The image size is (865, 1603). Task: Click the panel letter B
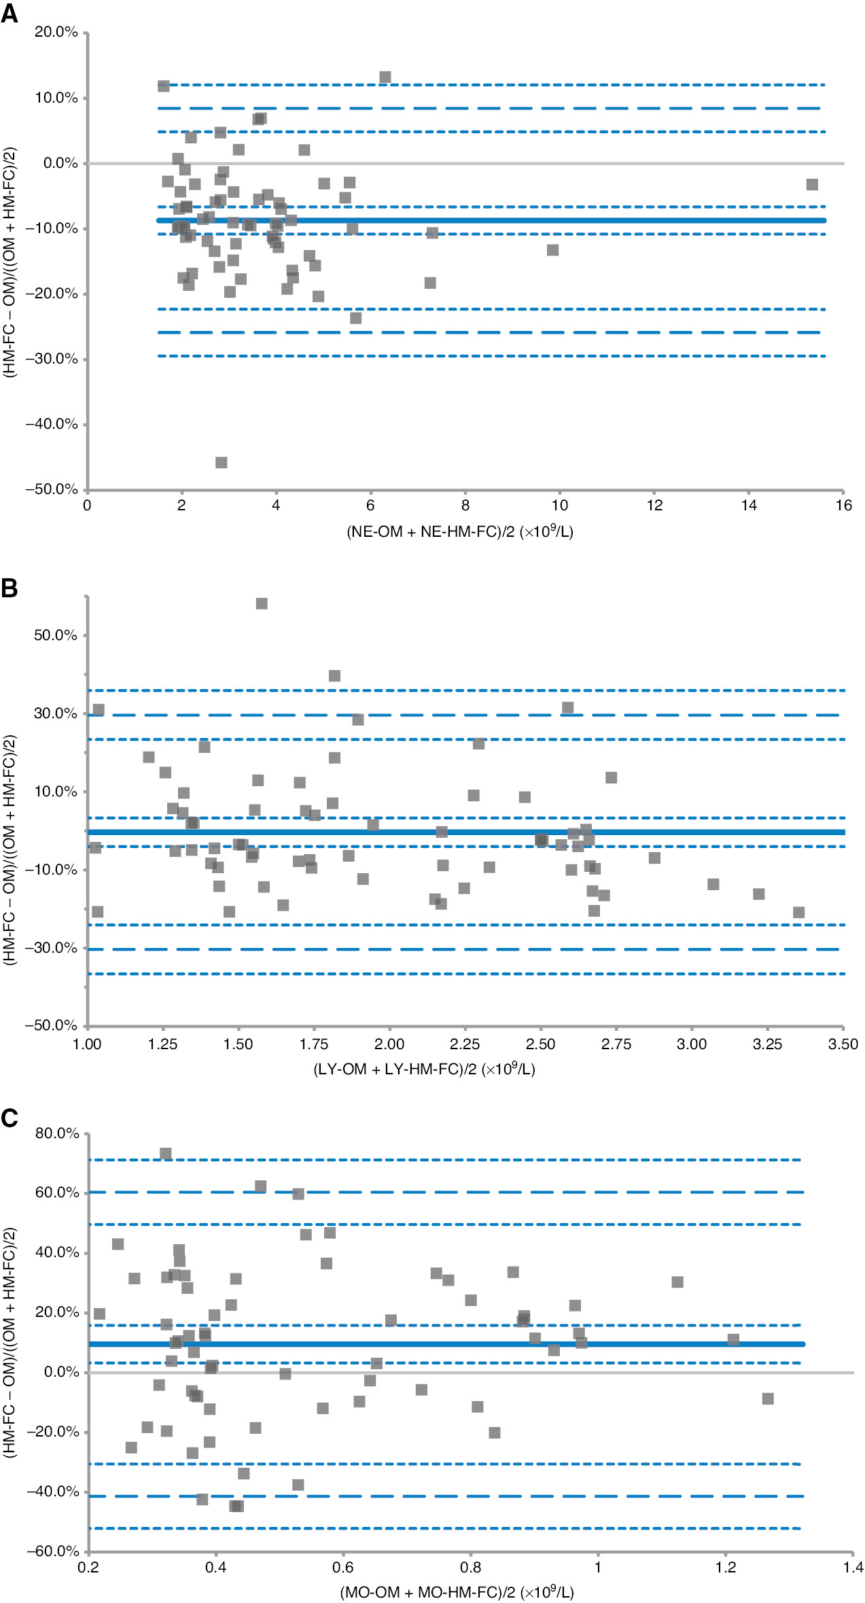tap(10, 588)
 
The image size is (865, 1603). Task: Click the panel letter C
tap(10, 1118)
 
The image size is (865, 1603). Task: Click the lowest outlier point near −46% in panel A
tap(221, 463)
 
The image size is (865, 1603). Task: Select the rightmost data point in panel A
tap(812, 185)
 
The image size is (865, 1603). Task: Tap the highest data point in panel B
tap(262, 603)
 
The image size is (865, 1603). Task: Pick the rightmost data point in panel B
tap(798, 912)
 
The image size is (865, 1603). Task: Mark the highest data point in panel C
tap(166, 1153)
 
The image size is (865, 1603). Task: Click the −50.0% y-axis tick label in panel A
tap(52, 489)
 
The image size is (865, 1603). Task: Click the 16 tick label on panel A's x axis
tap(843, 506)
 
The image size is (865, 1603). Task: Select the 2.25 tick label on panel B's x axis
tap(465, 1044)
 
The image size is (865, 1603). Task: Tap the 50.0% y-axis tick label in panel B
tap(56, 635)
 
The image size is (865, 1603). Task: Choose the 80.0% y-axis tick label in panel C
tap(57, 1133)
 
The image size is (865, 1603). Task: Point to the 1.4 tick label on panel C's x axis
tap(853, 1567)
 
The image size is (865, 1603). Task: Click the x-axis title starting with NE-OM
tap(460, 531)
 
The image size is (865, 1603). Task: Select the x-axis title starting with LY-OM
tap(424, 1070)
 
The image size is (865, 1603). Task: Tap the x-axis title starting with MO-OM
tap(457, 1591)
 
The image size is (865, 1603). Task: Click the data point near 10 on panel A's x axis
tap(552, 250)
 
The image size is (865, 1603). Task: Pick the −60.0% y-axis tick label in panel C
tap(53, 1551)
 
